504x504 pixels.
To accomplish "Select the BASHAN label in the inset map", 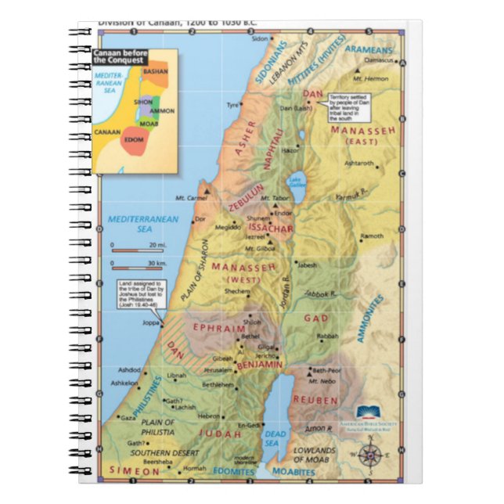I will (156, 70).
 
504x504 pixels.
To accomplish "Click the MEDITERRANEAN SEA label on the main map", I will (135, 224).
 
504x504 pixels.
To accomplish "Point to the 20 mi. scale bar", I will (134, 245).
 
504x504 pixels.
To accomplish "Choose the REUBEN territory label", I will (315, 399).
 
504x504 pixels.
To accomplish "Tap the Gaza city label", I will (128, 418).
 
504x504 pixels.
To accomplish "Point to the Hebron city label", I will (209, 416).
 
